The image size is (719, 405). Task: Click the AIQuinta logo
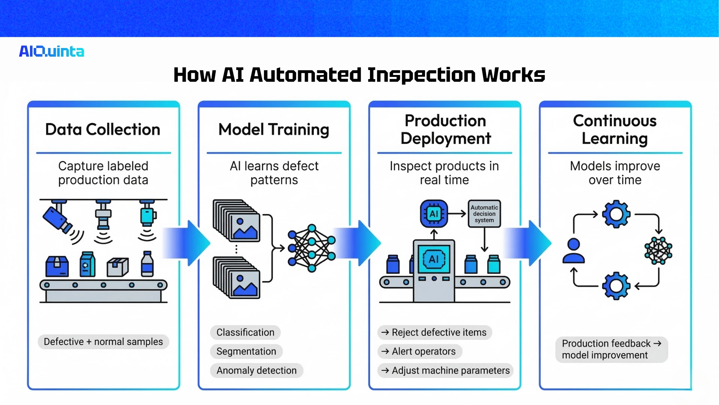coord(52,51)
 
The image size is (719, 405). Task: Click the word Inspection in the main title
coord(421,75)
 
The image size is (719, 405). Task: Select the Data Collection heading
coord(103,129)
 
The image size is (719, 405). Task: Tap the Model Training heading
coord(274,129)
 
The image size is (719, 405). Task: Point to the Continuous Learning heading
coord(615,129)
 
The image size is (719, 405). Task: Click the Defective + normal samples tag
coord(103,342)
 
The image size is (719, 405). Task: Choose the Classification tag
coord(245,332)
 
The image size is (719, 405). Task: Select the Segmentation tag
coord(246,351)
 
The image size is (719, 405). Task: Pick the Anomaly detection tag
coord(257,370)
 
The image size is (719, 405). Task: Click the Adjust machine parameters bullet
coord(446,370)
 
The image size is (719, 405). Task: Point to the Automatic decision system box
coord(484,214)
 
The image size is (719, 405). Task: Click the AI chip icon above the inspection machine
coord(434,214)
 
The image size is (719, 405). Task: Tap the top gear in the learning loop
coord(616,214)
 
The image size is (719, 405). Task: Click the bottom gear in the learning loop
coord(616,286)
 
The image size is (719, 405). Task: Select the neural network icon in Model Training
coord(312,247)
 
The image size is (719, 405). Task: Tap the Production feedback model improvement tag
coord(611,349)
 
